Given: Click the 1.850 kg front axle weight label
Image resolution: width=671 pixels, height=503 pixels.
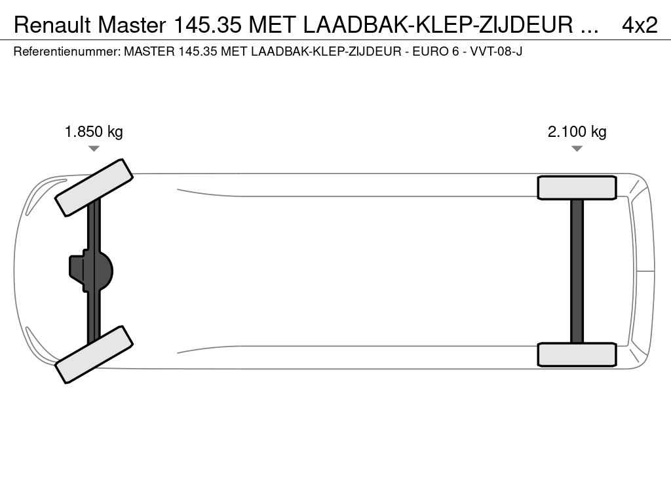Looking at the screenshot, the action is point(94,131).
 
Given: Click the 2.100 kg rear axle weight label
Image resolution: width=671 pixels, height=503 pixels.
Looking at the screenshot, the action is point(577,131).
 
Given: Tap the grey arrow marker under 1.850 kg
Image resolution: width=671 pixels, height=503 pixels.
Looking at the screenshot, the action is point(94,149).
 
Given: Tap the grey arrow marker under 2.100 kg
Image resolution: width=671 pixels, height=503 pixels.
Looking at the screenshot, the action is point(577,149).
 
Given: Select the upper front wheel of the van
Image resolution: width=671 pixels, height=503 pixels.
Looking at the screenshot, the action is point(94,188).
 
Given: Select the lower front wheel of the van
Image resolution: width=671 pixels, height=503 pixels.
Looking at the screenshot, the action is point(94,354).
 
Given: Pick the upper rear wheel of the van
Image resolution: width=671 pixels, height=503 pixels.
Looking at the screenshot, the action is point(577,188).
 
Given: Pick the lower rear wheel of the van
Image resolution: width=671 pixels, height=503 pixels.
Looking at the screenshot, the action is point(577,354).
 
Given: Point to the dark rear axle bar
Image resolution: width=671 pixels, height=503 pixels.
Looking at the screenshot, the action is point(577,271).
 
